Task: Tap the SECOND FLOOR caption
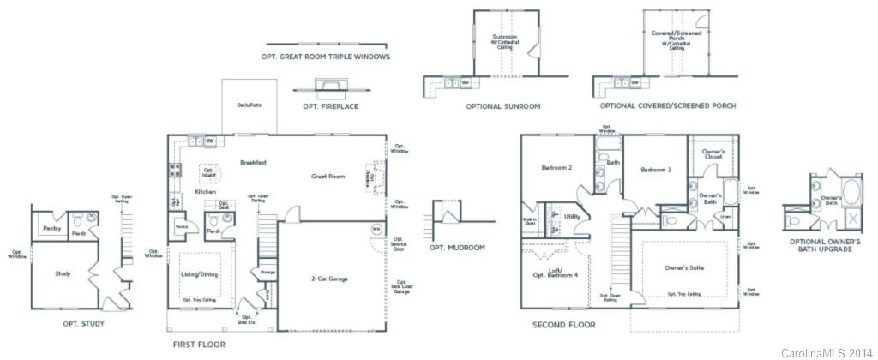click(563, 325)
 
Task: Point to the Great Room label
click(328, 177)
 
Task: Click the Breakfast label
click(253, 162)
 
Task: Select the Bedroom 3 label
click(657, 170)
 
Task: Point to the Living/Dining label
click(199, 275)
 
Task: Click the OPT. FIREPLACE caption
click(329, 106)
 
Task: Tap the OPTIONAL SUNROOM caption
click(502, 106)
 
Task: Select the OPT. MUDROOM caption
click(457, 248)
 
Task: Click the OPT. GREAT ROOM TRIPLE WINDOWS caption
click(326, 57)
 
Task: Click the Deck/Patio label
click(249, 105)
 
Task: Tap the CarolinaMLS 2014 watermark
click(827, 352)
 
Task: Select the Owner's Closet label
click(713, 155)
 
